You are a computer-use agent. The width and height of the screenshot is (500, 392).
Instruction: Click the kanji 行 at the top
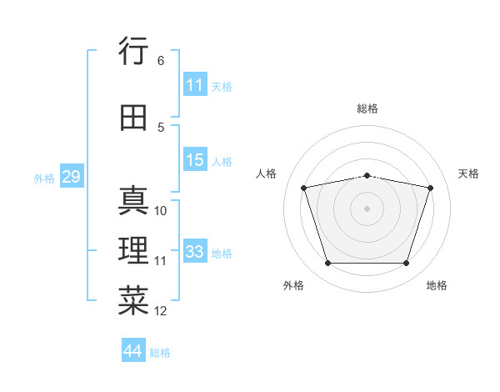[133, 50]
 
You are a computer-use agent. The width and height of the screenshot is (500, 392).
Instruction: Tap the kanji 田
[133, 118]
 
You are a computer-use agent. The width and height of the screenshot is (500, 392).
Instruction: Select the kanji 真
[133, 200]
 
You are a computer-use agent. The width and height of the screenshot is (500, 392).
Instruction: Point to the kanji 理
[133, 250]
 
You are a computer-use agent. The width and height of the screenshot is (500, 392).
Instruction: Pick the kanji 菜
[133, 300]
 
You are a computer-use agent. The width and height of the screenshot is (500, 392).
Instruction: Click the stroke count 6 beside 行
[161, 61]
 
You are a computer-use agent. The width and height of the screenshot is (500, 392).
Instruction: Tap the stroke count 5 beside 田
[161, 128]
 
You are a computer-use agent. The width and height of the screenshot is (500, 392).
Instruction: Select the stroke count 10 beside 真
[160, 211]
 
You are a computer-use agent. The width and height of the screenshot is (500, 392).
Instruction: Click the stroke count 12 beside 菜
[160, 311]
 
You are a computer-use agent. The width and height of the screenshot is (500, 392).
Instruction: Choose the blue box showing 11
[195, 84]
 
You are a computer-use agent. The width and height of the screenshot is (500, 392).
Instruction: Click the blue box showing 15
[195, 159]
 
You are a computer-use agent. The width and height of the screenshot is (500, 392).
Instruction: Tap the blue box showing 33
[195, 250]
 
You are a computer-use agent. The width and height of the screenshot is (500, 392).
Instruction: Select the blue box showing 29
[72, 176]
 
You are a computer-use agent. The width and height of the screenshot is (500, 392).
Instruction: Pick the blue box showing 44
[133, 349]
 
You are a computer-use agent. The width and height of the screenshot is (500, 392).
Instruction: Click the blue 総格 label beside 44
[160, 353]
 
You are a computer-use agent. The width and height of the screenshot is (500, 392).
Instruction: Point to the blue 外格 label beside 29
[44, 178]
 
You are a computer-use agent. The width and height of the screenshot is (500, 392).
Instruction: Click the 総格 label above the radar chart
[367, 108]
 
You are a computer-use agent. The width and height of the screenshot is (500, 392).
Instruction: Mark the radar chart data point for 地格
[407, 264]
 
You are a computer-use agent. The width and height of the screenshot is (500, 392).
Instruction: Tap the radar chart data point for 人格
[304, 188]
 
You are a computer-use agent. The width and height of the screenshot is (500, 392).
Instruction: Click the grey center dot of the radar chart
[367, 209]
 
